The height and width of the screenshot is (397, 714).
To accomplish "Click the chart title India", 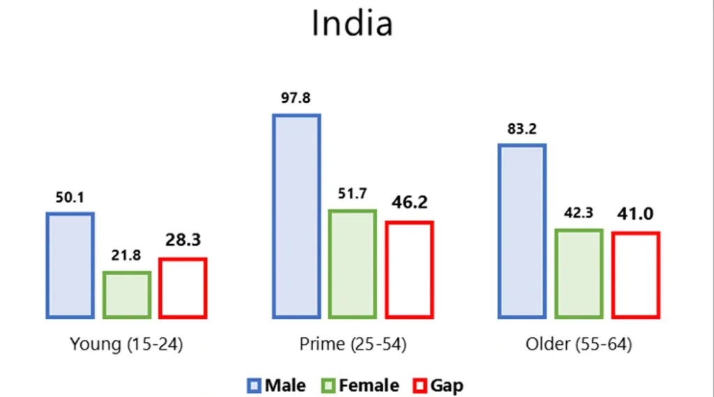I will coord(352,24).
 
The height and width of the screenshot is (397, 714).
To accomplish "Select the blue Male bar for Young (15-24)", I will coord(70,265).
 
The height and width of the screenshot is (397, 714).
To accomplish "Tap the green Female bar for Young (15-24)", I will coord(126,294).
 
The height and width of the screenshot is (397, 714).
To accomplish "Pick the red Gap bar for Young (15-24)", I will coord(183,288).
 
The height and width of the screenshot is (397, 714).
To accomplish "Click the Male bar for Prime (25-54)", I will coord(296,216).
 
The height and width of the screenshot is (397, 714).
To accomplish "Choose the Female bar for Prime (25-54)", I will coord(352,264).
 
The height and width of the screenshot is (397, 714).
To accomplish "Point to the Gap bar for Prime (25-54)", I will coord(409,269).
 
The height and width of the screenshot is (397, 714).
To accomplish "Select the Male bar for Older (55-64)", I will coord(522,231).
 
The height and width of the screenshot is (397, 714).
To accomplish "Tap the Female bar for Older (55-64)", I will coord(579,274).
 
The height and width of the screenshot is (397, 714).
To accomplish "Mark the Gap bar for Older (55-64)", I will coord(636,275).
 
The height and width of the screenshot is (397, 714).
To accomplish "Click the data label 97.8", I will coord(296,98).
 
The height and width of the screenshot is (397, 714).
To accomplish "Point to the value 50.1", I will coord(70,198).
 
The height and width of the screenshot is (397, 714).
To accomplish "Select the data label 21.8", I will coord(126,256).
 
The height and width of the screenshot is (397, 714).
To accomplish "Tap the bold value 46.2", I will coord(409,204).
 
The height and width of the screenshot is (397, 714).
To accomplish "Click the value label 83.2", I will coord(522,129).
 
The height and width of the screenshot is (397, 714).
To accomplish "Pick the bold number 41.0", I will coord(635,215).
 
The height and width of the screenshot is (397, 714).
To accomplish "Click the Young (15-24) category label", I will coord(126,345).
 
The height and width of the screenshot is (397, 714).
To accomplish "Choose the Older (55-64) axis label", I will coord(579,345).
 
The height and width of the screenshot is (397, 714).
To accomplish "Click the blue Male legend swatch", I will coord(255,386).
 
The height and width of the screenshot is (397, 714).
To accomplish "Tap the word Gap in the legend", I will coord(446,386).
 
